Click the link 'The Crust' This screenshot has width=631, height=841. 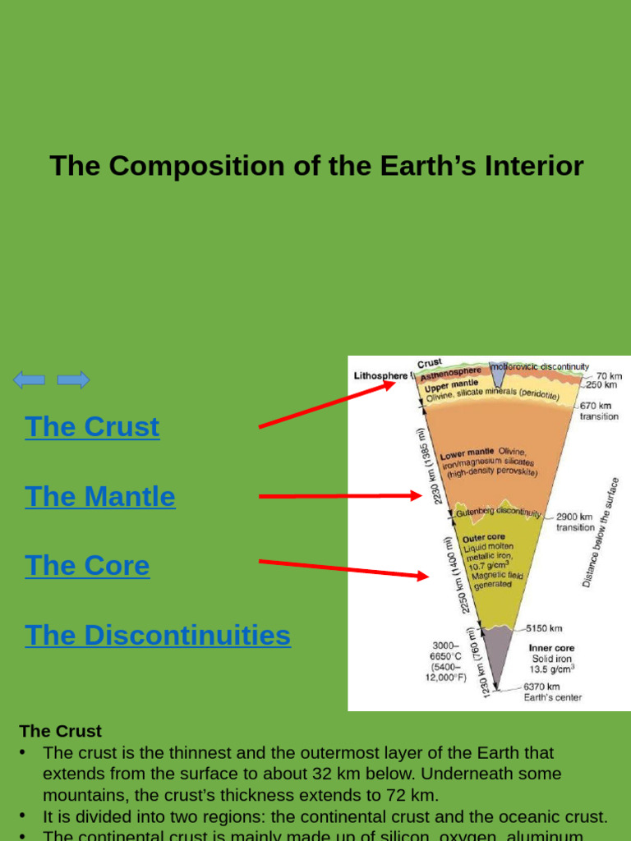(x=92, y=427)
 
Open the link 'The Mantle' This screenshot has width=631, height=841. (x=100, y=497)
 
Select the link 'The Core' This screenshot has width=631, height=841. (x=87, y=566)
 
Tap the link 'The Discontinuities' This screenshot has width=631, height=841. (x=158, y=636)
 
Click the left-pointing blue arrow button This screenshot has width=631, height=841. (x=29, y=379)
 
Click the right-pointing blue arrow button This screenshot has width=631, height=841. (x=73, y=379)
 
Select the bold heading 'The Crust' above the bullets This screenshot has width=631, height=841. (x=60, y=731)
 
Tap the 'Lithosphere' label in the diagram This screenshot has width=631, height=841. (x=380, y=376)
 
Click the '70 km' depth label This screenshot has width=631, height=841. (x=609, y=375)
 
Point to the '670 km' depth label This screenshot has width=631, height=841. (x=596, y=406)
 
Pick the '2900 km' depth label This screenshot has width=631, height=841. (x=574, y=517)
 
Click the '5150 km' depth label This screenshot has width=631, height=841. (x=545, y=628)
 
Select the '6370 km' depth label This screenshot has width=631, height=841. (x=542, y=687)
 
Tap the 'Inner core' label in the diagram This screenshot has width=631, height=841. (x=551, y=648)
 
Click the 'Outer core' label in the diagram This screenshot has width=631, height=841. (x=484, y=538)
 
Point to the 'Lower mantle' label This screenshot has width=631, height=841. (x=467, y=453)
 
